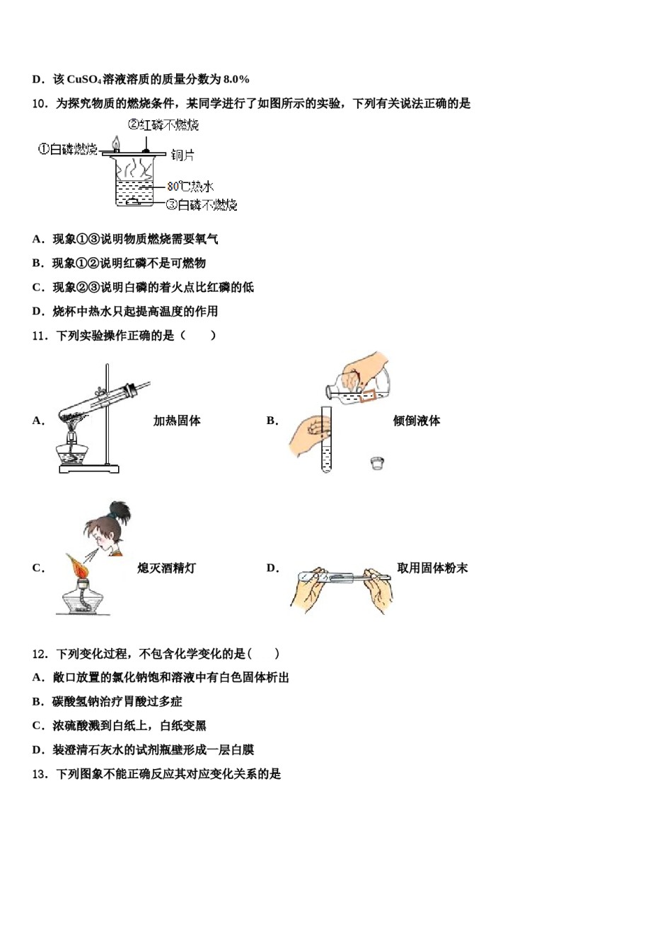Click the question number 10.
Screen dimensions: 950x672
pos(40,104)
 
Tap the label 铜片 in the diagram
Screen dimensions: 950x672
pos(183,155)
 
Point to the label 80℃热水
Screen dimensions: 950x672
pos(190,187)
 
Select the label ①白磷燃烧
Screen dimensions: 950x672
pos(67,149)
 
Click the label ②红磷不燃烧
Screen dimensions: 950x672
pos(163,125)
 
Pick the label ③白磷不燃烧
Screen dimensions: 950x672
pos(202,205)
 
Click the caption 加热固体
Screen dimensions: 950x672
pos(177,421)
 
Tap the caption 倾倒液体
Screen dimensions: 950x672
pos(416,421)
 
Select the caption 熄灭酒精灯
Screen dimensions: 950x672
pos(166,568)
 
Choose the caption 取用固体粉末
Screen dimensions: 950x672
pos(432,568)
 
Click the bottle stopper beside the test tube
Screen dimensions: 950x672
pos(377,464)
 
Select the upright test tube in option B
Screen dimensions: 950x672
pos(326,438)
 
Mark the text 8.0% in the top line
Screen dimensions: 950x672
pos(236,79)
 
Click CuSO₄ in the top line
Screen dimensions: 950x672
pos(84,79)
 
